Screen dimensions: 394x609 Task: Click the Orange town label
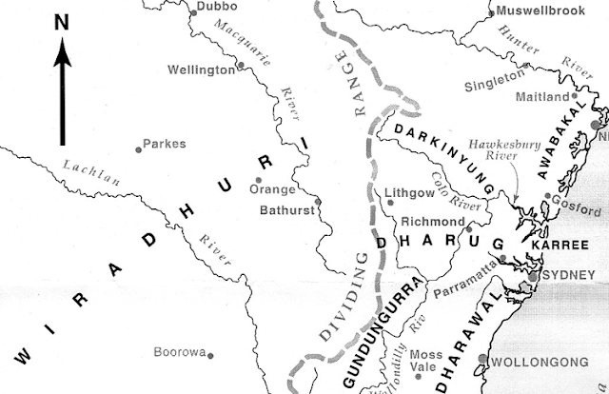point(265,189)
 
